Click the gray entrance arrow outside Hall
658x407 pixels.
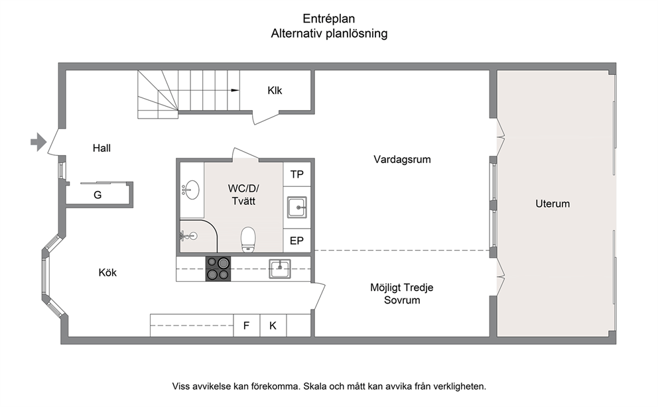click(38, 142)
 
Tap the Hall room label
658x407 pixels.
click(101, 148)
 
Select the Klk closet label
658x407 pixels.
click(275, 91)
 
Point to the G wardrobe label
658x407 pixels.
click(98, 195)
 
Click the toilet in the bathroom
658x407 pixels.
click(248, 240)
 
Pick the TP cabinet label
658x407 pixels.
click(296, 174)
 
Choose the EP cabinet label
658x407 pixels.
click(296, 241)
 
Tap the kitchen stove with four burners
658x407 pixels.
click(218, 268)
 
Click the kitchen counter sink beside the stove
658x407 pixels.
click(279, 269)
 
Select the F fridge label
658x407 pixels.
click(246, 325)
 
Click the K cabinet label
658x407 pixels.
click(273, 325)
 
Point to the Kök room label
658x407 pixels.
click(107, 273)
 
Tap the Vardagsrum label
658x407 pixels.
click(402, 160)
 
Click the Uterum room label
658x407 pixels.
click(553, 204)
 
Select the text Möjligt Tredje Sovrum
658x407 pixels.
click(401, 294)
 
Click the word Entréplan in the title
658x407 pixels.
click(329, 19)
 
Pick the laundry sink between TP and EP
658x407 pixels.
click(297, 207)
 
